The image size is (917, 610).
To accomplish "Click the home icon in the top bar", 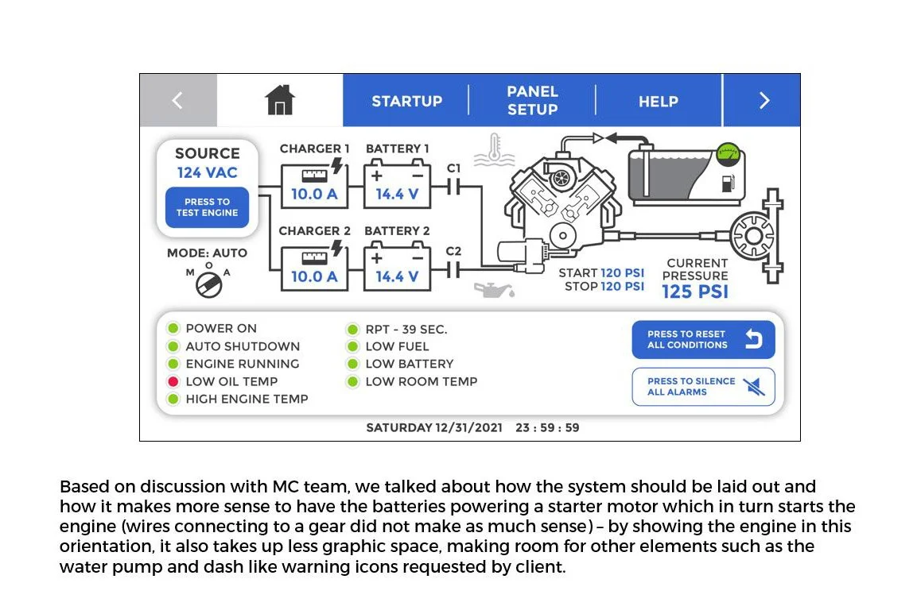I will [279, 100].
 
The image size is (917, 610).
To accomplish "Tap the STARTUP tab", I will [406, 101].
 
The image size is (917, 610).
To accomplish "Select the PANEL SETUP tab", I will [532, 100].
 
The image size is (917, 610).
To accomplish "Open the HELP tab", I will [658, 101].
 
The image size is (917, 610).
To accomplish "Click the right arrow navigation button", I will [764, 100].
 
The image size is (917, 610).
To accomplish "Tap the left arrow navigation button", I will [177, 100].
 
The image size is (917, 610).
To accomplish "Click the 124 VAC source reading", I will [207, 172].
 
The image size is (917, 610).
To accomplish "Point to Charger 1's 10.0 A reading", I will [314, 194].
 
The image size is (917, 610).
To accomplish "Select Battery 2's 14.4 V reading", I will [397, 276].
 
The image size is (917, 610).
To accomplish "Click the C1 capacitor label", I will [453, 168].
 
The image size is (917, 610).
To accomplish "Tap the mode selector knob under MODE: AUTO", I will [208, 282].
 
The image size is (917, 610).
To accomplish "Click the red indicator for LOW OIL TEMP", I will [172, 381].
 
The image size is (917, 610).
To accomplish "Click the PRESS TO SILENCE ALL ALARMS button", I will [703, 387].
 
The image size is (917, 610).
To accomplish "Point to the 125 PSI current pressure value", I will [695, 291].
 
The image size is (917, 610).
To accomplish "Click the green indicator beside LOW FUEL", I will [352, 346].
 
